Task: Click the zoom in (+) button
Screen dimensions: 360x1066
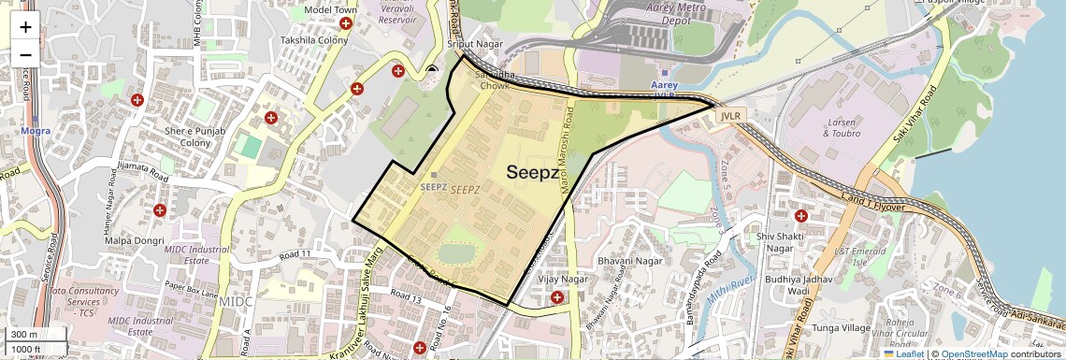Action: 25,26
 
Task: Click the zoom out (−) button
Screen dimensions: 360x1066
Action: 25,54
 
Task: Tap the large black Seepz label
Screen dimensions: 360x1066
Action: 532,173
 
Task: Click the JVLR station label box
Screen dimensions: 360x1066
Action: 730,115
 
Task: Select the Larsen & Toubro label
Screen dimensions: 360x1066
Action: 840,128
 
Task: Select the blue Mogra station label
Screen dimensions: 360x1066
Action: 35,131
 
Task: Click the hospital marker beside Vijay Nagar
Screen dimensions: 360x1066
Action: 558,297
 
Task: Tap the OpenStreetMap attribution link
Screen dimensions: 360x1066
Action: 973,353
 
